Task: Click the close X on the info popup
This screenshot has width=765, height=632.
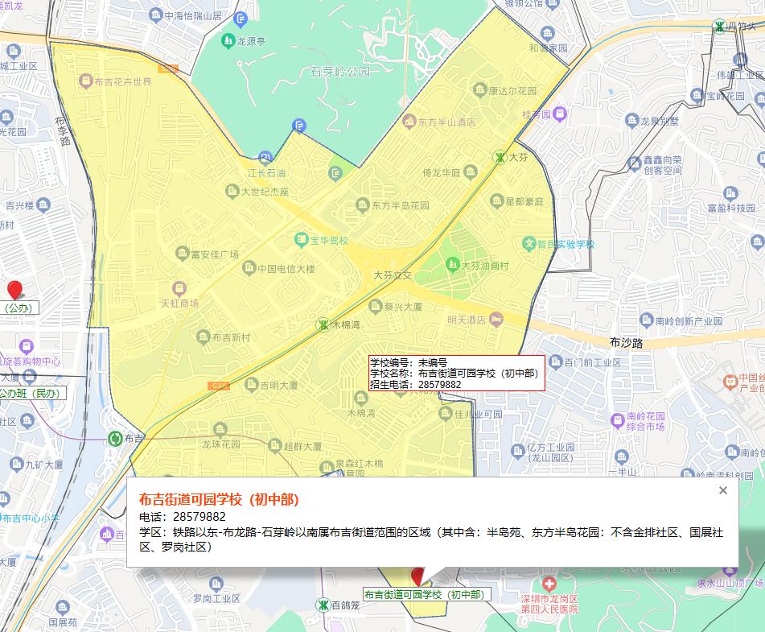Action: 722,490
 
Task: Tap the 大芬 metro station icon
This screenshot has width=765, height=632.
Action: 500,157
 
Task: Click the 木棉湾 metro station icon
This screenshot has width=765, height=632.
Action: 323,324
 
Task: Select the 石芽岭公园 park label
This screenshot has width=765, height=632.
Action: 339,72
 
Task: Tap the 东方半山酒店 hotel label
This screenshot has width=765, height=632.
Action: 446,122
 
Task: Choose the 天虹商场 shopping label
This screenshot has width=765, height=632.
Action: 179,304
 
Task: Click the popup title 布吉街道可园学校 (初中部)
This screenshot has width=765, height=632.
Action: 219,498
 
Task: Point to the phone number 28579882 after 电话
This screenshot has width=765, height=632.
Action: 194,516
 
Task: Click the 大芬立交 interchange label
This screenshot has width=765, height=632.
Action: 392,275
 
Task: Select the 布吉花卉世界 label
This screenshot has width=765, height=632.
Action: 122,82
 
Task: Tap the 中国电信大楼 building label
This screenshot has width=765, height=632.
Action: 286,268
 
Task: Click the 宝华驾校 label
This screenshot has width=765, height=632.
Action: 329,240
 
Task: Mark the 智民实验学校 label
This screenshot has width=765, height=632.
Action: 566,243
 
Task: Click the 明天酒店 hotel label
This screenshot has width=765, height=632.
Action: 467,320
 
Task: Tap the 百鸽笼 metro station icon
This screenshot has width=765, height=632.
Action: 323,604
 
